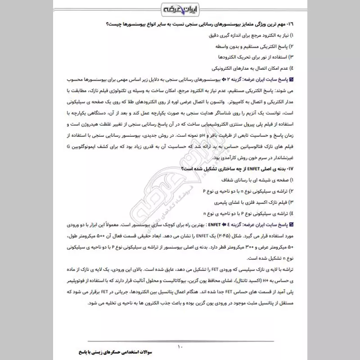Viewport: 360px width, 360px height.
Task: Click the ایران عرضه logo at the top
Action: coord(180,9)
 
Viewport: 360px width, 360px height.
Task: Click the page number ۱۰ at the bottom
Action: coord(180,346)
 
